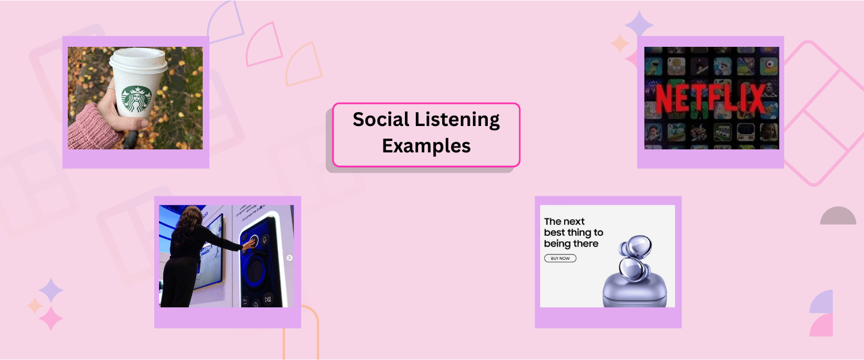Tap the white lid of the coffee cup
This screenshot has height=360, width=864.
tap(137, 61)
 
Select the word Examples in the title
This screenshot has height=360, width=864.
tap(426, 146)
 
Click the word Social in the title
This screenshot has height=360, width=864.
tap(380, 120)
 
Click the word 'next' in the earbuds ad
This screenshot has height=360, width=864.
tap(574, 221)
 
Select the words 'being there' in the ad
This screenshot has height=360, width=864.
tap(571, 244)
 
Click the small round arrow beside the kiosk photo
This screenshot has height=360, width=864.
tap(289, 258)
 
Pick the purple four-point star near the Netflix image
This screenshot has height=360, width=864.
tap(639, 25)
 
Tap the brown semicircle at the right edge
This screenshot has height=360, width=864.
tap(838, 217)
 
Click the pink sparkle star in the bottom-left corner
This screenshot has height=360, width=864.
tap(50, 318)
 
